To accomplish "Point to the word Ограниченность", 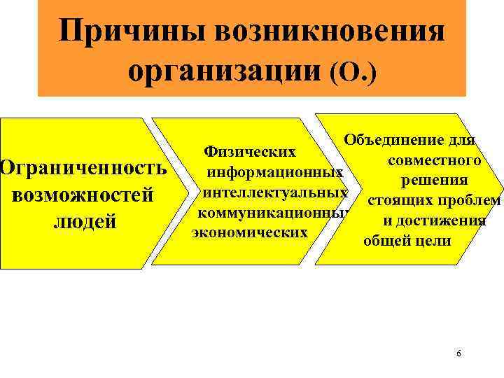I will [83, 168].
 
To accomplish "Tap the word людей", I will [83, 222].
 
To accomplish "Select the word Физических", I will [248, 150].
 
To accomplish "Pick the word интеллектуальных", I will [274, 192].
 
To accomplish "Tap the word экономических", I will [250, 231].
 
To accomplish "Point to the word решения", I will [430, 181].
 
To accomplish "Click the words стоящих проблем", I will [433, 202].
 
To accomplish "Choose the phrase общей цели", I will [407, 241].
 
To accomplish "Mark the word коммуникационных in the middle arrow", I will [272, 212].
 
